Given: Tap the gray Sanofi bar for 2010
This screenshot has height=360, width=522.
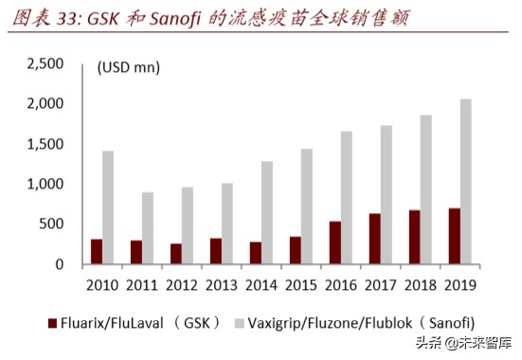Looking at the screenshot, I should coord(108,207).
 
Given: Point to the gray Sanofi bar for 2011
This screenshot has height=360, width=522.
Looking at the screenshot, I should coord(148,228).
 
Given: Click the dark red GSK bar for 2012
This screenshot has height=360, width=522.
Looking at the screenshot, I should coord(175,254).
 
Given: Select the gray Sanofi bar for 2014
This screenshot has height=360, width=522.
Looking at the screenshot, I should coord(268,212).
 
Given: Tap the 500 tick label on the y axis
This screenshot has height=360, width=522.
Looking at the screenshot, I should coord(48,225).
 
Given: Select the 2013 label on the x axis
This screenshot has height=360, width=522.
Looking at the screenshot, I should coord(222,283).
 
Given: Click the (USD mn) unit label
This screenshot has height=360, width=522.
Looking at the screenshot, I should coord(129,67).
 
